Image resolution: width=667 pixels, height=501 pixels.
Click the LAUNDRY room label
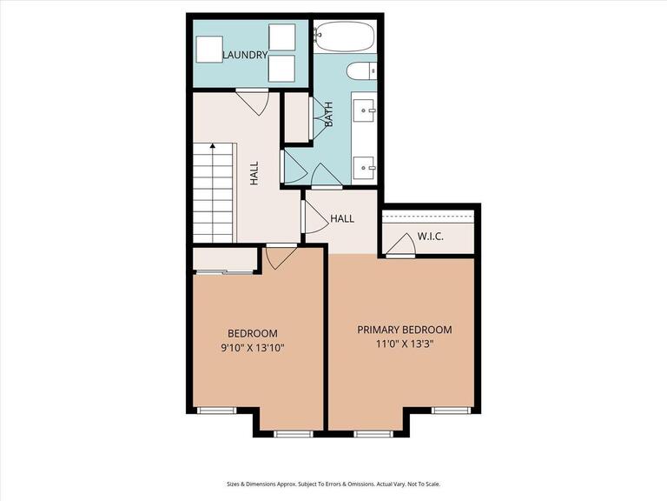point(245,56)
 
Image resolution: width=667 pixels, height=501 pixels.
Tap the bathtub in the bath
point(344,38)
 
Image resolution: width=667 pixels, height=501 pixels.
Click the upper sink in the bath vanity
point(365,110)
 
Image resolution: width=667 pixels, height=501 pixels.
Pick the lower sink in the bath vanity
point(365,164)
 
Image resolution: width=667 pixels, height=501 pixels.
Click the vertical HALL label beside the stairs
point(254,172)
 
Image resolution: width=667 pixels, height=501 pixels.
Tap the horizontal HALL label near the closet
point(342,218)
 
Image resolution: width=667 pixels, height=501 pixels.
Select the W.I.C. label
point(431,236)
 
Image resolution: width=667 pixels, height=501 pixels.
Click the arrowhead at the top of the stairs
point(212,147)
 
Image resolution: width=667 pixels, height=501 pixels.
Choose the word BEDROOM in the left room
point(252,333)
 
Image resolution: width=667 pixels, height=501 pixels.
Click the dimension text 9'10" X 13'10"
point(252,348)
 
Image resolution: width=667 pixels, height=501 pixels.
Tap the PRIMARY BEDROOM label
point(405,330)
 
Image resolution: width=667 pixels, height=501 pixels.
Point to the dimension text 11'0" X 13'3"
point(405,344)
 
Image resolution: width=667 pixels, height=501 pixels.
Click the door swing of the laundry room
point(251,102)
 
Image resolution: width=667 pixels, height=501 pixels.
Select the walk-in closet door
point(400,247)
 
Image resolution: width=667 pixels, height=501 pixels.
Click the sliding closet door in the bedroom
point(224,272)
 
